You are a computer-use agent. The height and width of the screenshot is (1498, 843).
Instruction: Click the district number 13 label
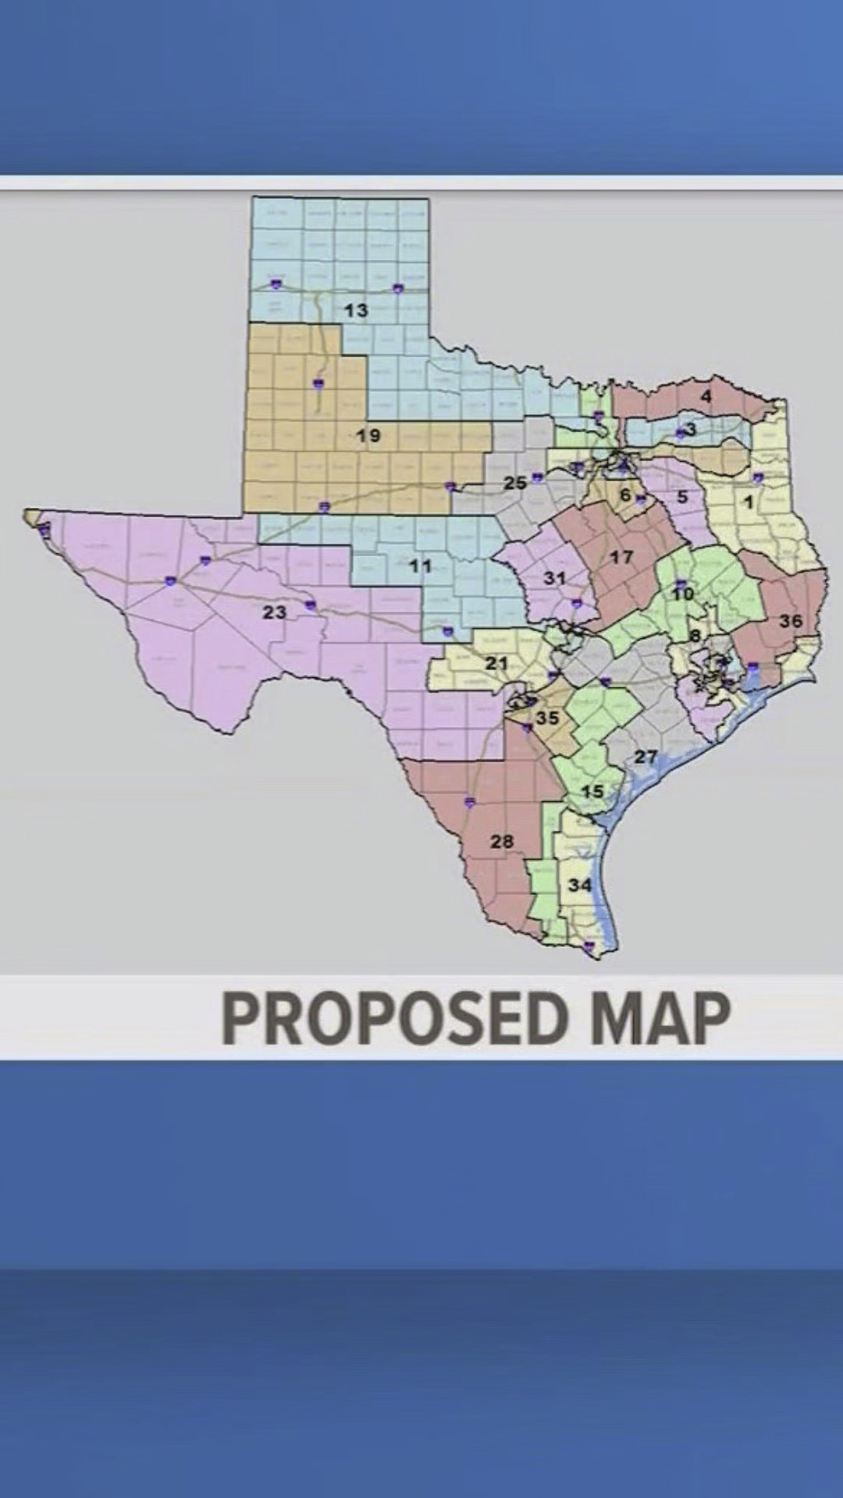[x=356, y=311]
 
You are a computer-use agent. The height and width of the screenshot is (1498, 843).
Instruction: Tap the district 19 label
[x=368, y=435]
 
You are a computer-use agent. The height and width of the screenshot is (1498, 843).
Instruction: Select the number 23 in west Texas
[x=274, y=612]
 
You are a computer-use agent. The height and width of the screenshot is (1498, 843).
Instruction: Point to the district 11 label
[x=420, y=566]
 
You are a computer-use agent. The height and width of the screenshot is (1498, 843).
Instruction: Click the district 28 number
[x=502, y=841]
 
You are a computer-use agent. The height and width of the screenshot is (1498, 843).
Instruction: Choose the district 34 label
[x=580, y=885]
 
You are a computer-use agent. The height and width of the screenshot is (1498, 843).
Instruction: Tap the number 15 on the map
[x=592, y=791]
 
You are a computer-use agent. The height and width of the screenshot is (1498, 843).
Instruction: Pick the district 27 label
[x=646, y=757]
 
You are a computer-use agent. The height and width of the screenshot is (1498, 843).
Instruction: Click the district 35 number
[x=547, y=718]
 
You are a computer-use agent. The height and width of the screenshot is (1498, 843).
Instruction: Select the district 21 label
[x=496, y=664]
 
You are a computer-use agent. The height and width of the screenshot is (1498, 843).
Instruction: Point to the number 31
[x=554, y=578]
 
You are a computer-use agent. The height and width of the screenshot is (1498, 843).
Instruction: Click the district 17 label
[x=621, y=557]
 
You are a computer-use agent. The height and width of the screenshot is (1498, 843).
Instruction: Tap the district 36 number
[x=791, y=622]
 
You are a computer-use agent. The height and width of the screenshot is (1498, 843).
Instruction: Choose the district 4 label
[x=706, y=396]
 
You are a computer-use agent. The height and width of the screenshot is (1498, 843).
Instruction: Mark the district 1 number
[x=749, y=502]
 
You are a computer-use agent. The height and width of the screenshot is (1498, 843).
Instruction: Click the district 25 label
[x=514, y=484]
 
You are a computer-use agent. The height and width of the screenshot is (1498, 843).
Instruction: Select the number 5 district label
[x=682, y=497]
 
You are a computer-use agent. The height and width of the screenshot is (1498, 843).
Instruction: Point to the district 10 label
[x=683, y=595]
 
